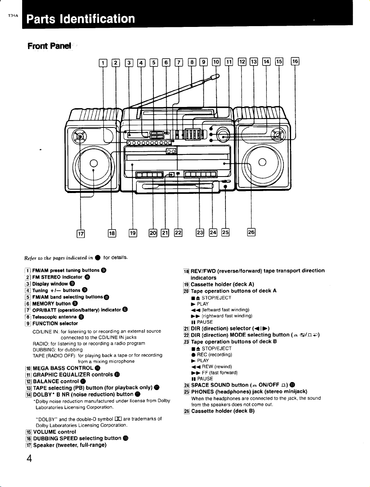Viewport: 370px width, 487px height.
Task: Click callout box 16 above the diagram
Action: pos(295,61)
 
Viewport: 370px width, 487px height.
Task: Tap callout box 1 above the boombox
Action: pos(103,63)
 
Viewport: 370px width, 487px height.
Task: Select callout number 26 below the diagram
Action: pos(251,232)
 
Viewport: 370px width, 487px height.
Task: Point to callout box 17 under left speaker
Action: pos(81,234)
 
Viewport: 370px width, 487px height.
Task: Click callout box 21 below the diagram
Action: pos(165,233)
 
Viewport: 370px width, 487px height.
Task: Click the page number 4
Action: pos(29,458)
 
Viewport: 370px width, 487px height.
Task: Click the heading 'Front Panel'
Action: pos(49,46)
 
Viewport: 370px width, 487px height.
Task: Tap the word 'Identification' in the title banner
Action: pos(97,18)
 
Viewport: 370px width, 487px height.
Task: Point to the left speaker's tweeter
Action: pos(79,136)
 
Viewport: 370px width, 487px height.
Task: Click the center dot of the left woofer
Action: pos(93,163)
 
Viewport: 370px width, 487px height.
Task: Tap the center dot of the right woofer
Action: pos(262,162)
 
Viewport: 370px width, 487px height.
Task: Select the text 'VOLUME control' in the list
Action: pos(54,432)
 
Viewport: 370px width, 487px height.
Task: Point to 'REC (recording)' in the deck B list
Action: pos(214,355)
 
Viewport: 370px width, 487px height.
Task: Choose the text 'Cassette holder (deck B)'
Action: pos(223,411)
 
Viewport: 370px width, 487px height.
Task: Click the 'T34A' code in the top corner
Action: pos(13,16)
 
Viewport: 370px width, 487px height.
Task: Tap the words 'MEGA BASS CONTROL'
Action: pos(63,368)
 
